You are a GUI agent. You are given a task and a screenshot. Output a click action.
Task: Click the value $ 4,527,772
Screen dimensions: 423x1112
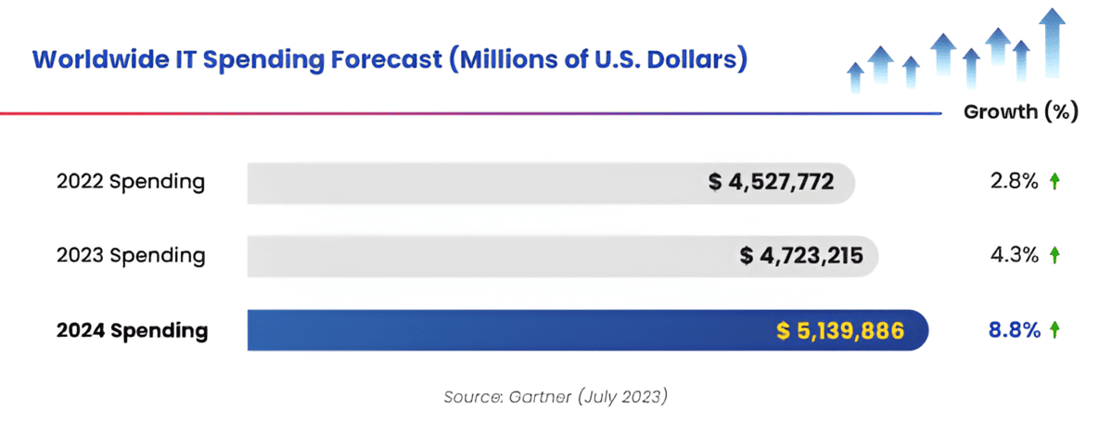772,182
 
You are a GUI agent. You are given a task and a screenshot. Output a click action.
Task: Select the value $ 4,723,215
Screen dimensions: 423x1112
802,255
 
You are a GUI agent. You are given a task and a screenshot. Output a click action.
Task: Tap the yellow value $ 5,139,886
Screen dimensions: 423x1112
840,330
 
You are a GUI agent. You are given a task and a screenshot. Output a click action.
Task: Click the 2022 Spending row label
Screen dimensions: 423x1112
131,182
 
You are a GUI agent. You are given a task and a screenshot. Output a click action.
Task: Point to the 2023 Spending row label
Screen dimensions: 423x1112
131,255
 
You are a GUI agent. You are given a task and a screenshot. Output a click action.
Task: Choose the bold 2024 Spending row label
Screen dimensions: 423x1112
132,330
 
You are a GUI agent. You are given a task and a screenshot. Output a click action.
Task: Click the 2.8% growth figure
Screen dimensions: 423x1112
1014,182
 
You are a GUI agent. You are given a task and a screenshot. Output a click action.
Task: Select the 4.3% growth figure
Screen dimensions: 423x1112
1014,255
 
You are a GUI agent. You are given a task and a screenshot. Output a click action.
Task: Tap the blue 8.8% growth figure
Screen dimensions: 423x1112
1014,330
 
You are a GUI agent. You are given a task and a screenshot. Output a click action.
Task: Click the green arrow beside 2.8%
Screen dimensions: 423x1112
1054,182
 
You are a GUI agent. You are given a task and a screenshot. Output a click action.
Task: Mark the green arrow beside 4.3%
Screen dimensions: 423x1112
1054,255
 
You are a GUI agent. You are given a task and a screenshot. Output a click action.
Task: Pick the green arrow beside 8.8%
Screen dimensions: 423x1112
1054,330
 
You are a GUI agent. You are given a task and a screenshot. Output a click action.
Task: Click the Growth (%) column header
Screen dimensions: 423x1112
1020,112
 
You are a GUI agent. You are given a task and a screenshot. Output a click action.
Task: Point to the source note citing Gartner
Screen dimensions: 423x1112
555,396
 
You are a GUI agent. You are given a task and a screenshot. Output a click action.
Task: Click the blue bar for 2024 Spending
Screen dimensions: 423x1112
510,330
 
